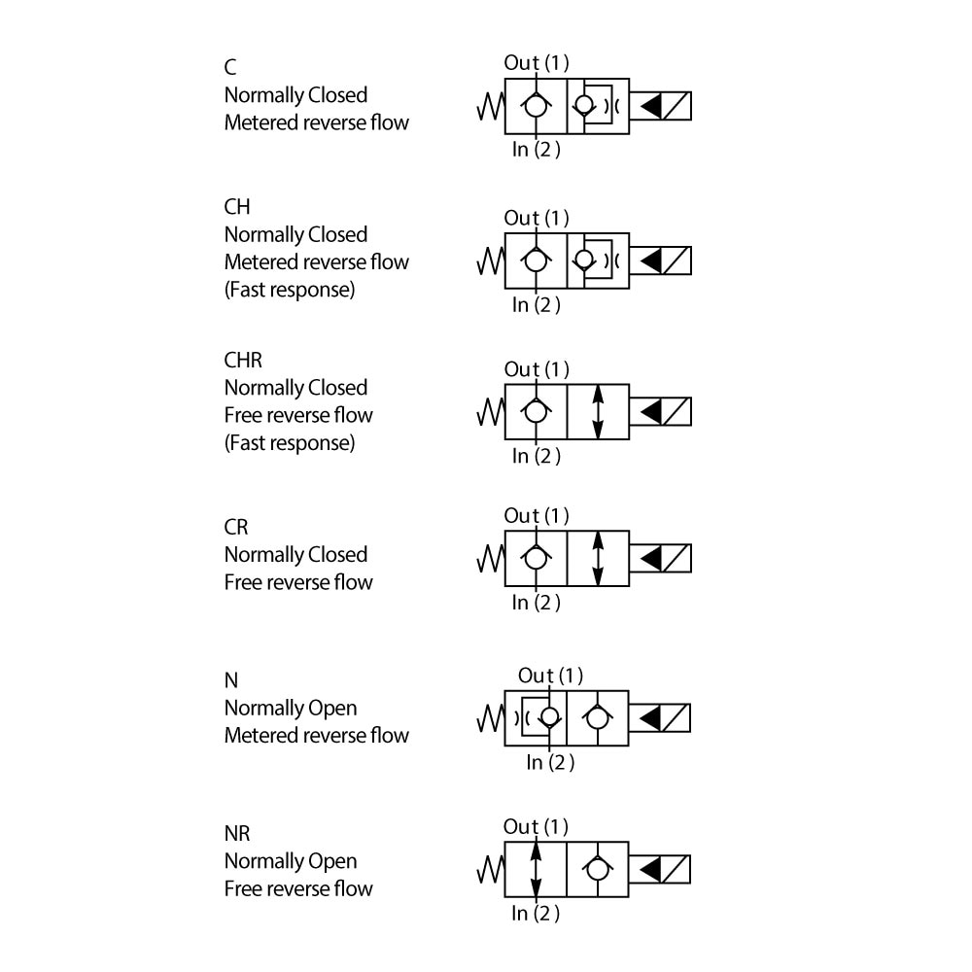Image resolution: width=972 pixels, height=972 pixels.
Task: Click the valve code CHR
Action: pyautogui.click(x=243, y=360)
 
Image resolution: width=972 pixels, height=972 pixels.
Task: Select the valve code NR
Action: pyautogui.click(x=237, y=833)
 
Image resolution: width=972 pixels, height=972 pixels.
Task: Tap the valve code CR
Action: pyautogui.click(x=236, y=527)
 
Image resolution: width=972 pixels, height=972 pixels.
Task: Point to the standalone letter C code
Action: pyautogui.click(x=230, y=67)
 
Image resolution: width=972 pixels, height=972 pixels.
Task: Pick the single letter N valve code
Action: pyautogui.click(x=231, y=680)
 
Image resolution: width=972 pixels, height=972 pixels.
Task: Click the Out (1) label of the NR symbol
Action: pyautogui.click(x=535, y=827)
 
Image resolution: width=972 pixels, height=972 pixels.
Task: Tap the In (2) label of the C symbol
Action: pyautogui.click(x=537, y=150)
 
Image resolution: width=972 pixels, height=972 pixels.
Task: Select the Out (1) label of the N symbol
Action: pyautogui.click(x=550, y=676)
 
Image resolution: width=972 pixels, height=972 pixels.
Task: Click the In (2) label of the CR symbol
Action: pyautogui.click(x=537, y=603)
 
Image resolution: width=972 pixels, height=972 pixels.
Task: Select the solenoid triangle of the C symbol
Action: pyautogui.click(x=651, y=106)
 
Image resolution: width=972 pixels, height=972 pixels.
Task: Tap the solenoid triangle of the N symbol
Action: pyautogui.click(x=651, y=718)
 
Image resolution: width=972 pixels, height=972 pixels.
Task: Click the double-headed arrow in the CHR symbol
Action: pyautogui.click(x=598, y=412)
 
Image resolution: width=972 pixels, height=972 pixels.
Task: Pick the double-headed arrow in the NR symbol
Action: pyautogui.click(x=536, y=869)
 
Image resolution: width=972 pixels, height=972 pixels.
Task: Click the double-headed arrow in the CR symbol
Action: pyautogui.click(x=598, y=558)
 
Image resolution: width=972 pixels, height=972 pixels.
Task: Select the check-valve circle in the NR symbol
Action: pyautogui.click(x=597, y=869)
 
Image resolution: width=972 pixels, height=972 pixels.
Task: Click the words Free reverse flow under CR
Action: pyautogui.click(x=298, y=582)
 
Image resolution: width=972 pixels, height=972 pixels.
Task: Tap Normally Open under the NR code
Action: pyautogui.click(x=291, y=861)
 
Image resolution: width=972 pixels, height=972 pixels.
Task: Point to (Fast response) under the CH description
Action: pyautogui.click(x=290, y=290)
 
